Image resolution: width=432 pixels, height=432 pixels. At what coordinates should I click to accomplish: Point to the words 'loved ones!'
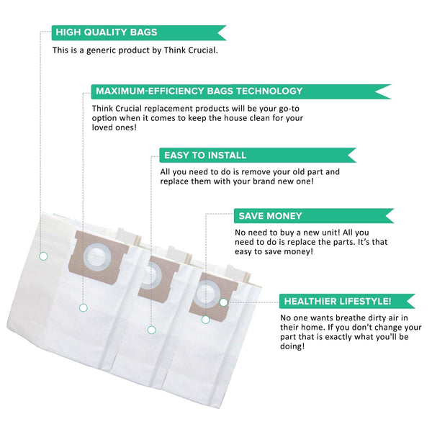tap(108, 127)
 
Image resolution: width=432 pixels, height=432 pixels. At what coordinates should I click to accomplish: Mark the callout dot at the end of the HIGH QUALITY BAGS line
tap(43, 256)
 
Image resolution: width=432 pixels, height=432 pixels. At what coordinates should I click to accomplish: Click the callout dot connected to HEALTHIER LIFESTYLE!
tap(223, 302)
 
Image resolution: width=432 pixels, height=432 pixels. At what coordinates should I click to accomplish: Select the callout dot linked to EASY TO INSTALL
tap(151, 330)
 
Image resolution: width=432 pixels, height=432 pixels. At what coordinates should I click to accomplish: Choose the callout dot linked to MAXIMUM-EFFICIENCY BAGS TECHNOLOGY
tap(83, 307)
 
